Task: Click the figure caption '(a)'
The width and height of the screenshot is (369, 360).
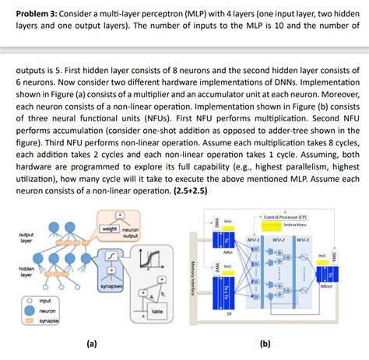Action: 93,342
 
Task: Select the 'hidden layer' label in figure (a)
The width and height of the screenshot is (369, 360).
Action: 26,271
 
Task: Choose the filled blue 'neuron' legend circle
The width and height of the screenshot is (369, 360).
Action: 29,309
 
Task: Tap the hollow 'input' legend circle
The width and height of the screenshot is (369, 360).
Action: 29,299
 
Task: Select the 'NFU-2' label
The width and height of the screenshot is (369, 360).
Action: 278,240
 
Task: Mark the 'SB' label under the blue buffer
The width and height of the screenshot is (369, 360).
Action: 228,313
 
